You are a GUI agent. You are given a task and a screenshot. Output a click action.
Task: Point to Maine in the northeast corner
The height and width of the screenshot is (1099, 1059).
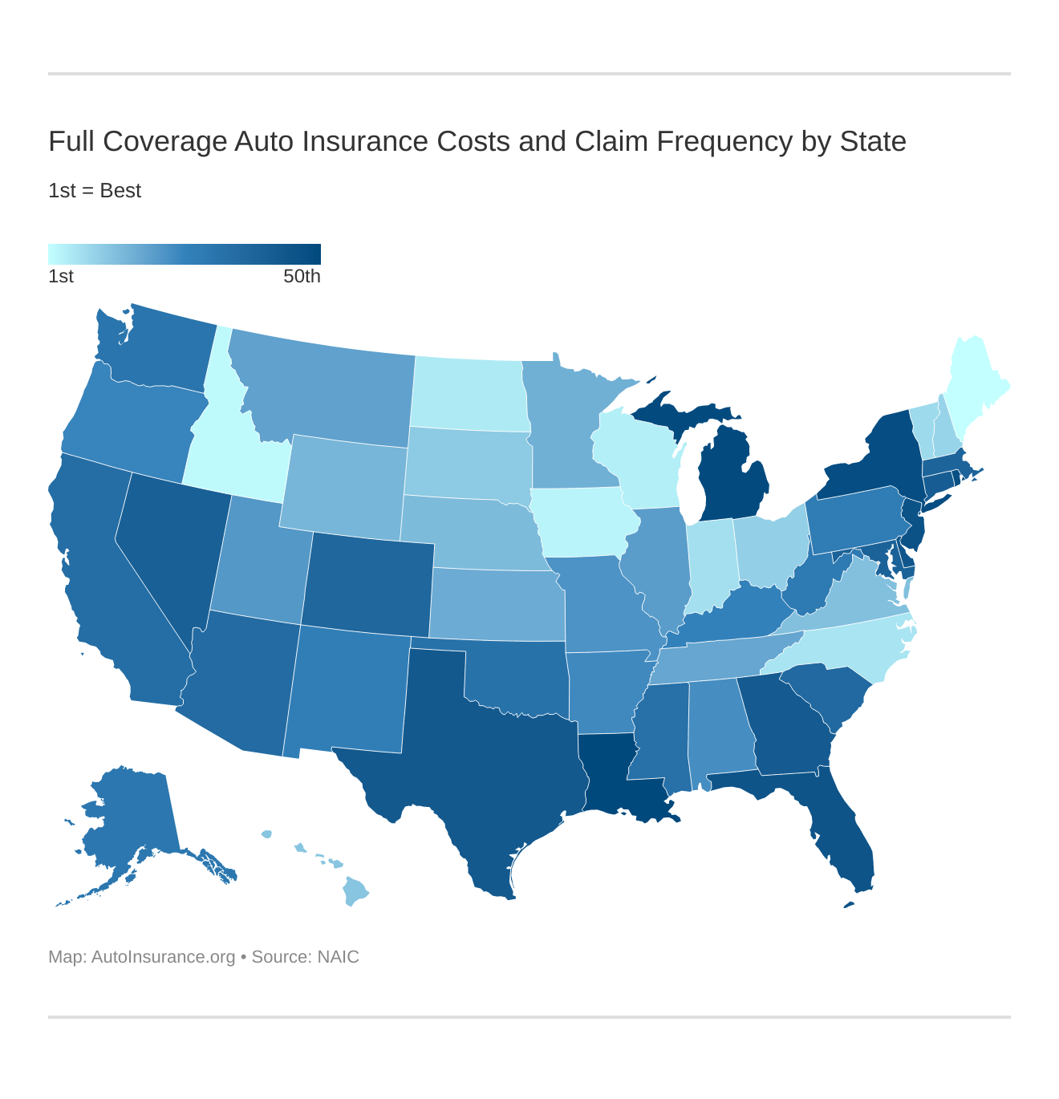[975, 377]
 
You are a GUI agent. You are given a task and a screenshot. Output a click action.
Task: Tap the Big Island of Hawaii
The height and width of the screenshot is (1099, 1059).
[356, 891]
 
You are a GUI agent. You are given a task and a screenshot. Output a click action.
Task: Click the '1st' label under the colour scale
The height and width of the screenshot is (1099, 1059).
[61, 277]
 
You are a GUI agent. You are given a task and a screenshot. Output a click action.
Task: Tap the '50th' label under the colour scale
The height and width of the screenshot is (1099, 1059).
[302, 277]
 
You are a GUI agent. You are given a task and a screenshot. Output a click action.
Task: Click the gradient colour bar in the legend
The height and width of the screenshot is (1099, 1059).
[185, 253]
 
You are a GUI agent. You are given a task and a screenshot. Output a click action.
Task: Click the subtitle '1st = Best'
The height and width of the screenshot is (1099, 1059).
[95, 191]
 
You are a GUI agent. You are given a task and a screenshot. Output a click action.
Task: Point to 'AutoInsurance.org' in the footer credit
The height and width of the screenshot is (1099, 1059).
[163, 957]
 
